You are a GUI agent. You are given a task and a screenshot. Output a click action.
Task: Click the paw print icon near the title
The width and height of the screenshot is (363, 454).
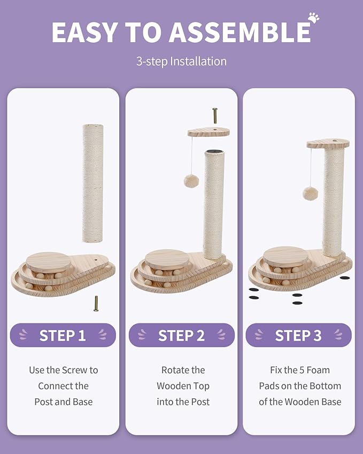pyautogui.click(x=313, y=18)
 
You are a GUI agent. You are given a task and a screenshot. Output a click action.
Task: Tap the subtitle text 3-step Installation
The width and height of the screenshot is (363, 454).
pyautogui.click(x=181, y=61)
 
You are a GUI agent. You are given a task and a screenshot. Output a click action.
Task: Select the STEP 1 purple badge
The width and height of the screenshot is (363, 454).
pyautogui.click(x=63, y=335)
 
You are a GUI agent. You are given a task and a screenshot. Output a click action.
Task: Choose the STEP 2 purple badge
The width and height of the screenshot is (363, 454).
pyautogui.click(x=181, y=335)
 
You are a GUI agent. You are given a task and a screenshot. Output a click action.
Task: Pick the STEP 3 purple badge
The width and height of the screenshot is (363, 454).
pyautogui.click(x=298, y=335)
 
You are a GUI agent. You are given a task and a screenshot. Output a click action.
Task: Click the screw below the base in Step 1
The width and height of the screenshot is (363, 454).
pyautogui.click(x=96, y=304)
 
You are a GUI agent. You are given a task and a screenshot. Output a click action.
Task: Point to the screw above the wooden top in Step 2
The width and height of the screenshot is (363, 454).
pyautogui.click(x=215, y=116)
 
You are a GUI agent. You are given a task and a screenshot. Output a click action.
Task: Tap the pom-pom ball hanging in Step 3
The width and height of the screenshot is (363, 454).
pyautogui.click(x=311, y=193)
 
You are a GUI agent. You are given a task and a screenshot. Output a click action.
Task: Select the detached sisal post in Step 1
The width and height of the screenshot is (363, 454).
pyautogui.click(x=93, y=182)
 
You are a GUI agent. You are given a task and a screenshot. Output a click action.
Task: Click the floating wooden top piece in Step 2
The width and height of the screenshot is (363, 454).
pyautogui.click(x=208, y=132)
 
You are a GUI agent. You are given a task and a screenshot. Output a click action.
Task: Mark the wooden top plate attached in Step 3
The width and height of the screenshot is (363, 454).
pyautogui.click(x=328, y=143)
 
